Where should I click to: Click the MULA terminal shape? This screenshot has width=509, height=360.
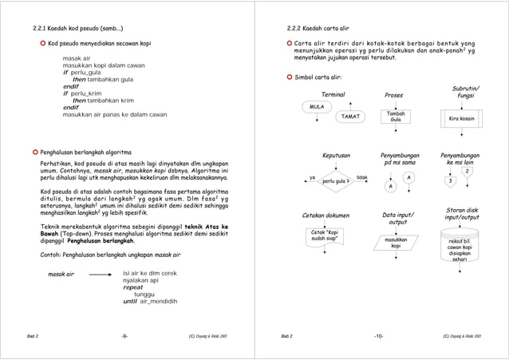(317, 105)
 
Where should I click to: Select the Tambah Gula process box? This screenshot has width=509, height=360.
(395, 117)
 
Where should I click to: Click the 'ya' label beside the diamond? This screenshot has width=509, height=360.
(313, 177)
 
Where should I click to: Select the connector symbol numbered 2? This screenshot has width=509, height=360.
(468, 171)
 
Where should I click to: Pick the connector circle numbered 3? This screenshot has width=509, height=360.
(451, 181)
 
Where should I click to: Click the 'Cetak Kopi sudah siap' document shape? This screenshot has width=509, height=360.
(324, 236)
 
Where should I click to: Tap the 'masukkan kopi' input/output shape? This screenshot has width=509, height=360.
(395, 243)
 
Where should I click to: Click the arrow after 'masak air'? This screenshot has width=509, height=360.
(99, 274)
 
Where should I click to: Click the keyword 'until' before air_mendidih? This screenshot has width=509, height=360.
(130, 302)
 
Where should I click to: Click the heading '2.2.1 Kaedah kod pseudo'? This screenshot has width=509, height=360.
(73, 27)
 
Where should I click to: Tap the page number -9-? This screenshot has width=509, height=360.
(124, 336)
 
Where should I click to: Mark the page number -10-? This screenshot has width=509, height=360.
(379, 336)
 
